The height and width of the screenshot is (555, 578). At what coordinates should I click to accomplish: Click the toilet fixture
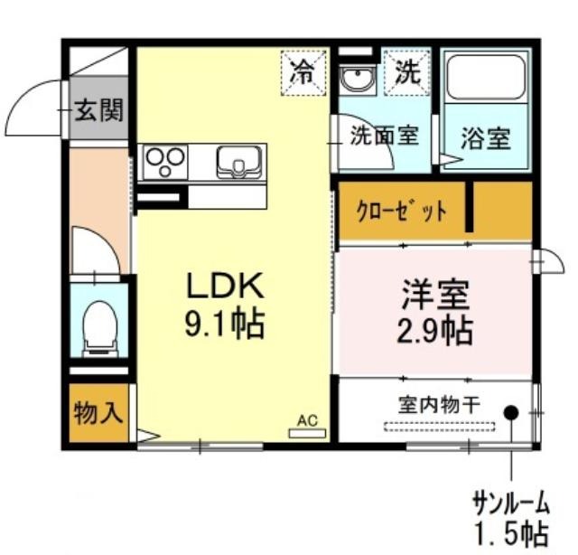100,329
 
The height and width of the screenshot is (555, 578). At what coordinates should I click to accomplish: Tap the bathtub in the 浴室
486,78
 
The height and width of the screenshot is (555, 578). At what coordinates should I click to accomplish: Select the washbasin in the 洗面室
358,79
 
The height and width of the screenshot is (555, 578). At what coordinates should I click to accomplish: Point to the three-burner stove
164,162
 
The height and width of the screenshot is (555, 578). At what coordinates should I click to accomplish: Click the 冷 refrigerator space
303,73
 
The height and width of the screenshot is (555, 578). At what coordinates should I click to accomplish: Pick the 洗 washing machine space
407,72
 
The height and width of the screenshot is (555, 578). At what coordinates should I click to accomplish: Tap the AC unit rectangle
307,433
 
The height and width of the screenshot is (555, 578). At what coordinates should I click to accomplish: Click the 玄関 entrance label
98,110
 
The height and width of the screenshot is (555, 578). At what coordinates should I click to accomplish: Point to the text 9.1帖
225,325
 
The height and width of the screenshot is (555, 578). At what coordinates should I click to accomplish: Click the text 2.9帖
434,331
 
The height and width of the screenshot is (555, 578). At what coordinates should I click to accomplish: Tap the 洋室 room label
436,295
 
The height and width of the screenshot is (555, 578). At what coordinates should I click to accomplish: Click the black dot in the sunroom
511,412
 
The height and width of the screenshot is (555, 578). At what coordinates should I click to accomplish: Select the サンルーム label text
511,504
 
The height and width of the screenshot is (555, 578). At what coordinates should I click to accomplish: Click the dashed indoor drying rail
440,427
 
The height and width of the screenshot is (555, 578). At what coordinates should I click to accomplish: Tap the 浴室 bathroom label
486,138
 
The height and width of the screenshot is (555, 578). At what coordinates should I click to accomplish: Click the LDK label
225,286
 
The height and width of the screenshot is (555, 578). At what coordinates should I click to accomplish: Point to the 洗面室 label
385,135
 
